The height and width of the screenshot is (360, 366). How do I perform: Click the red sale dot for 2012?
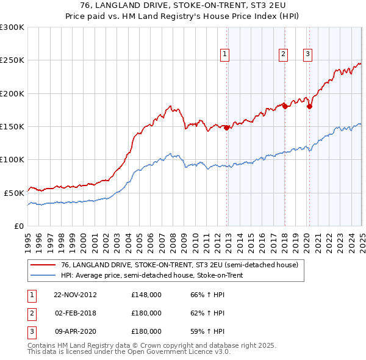point(227,128)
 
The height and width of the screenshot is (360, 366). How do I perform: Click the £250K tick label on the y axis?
point(12,60)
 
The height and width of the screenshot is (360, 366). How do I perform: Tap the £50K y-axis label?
point(15,193)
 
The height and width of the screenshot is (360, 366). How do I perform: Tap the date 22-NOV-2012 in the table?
point(75,295)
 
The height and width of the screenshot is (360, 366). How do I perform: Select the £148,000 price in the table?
point(146,295)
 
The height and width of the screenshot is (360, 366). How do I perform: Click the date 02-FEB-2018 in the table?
point(75,313)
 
